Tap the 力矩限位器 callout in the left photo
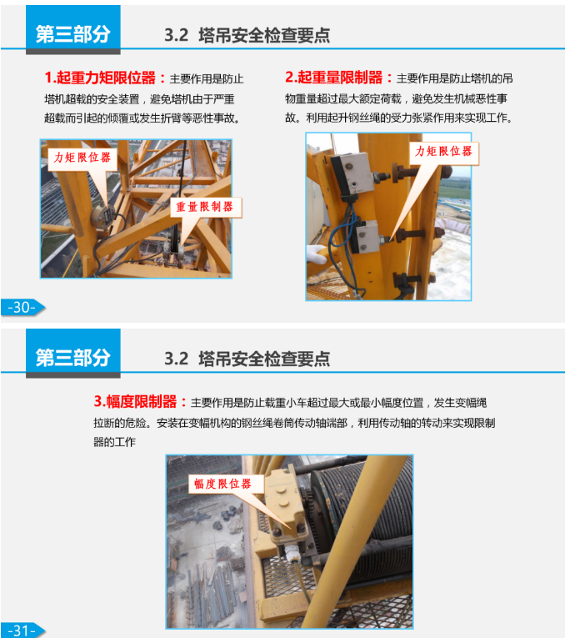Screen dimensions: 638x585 [83, 158]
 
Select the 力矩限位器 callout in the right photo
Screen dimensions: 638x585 [444, 152]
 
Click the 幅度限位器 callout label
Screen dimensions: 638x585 [222, 484]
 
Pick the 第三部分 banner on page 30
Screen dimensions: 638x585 [72, 33]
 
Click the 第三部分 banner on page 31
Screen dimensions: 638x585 [72, 357]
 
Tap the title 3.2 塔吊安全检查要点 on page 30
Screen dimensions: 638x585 [247, 35]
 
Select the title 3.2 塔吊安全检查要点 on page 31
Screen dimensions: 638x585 [247, 359]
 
